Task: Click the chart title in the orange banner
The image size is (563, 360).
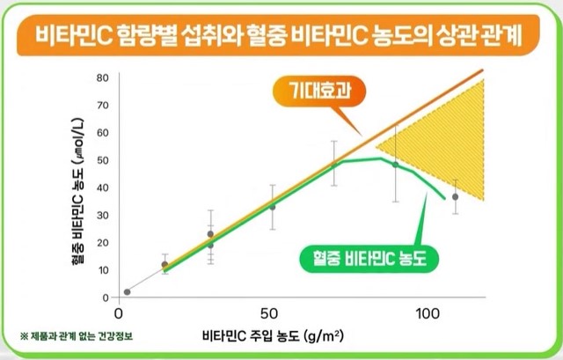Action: [x=281, y=38]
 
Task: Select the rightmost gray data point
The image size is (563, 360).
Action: [x=455, y=197]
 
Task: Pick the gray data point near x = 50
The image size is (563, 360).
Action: [x=272, y=207]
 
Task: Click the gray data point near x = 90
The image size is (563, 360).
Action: [x=395, y=165]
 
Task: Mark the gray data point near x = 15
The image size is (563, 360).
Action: [x=165, y=264]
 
